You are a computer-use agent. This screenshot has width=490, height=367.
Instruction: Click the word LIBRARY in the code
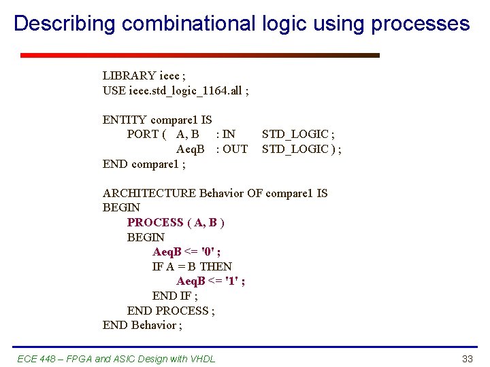pos(129,75)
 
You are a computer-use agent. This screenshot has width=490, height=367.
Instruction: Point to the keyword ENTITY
pos(125,120)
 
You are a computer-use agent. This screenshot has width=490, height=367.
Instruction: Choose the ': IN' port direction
pos(225,135)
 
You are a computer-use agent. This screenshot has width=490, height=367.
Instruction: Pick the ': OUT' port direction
pos(231,149)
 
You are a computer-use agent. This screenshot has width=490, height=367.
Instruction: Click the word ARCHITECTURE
pos(149,193)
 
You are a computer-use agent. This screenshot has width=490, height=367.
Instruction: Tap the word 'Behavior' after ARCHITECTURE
pos(221,193)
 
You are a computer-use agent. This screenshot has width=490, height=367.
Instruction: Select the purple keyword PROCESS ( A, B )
pos(176,222)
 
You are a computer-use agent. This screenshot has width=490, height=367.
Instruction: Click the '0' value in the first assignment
pos(210,252)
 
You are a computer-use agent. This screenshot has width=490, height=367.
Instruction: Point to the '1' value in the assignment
pos(234,281)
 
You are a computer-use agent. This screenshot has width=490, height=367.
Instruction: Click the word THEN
pos(216,266)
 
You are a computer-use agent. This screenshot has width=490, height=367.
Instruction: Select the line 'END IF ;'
pos(175,296)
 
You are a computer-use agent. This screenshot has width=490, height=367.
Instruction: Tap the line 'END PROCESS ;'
pos(171,311)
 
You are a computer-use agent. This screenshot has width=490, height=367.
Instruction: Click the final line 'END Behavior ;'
pos(142,325)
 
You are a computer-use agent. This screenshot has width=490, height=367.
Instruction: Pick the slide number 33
pos(467,359)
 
